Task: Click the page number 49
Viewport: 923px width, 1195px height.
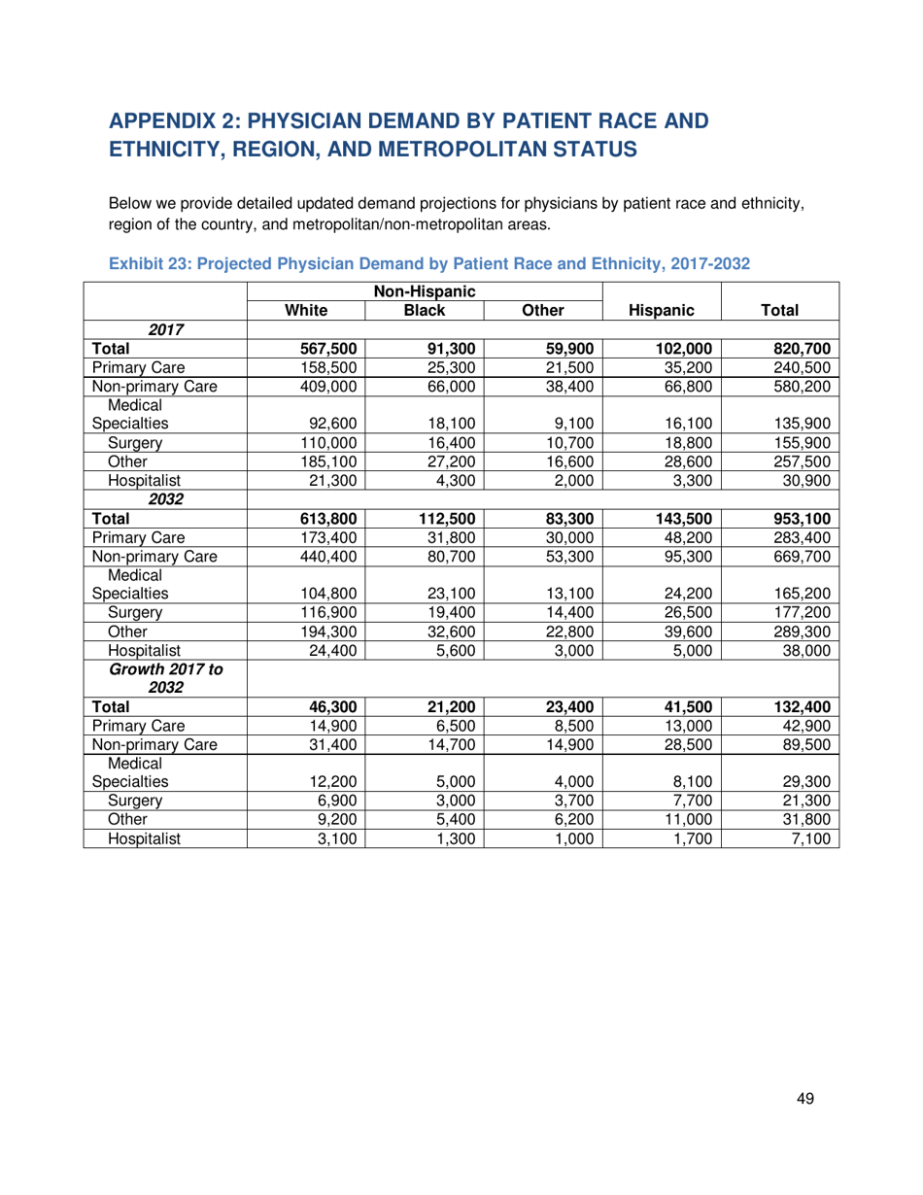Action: point(803,1099)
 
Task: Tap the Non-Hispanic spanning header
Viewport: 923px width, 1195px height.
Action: point(425,289)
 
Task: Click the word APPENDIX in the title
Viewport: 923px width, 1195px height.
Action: point(186,121)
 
